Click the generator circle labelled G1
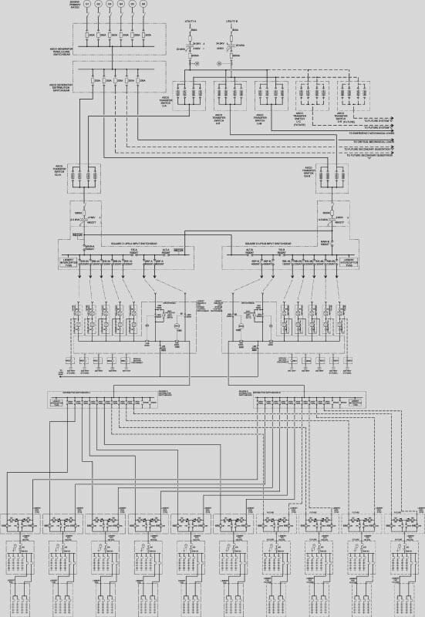pos(87,5)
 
